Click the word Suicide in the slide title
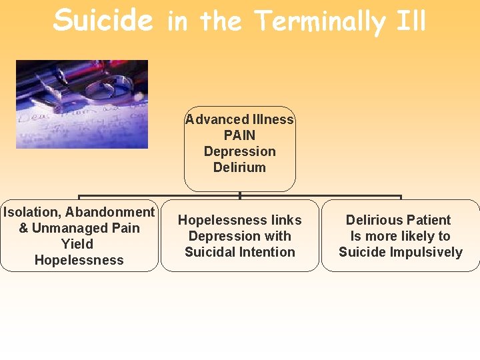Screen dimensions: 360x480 pyautogui.click(x=103, y=20)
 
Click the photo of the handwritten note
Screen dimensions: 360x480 pyautogui.click(x=82, y=104)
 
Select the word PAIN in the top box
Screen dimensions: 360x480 pyautogui.click(x=239, y=135)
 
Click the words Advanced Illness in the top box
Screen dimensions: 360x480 pyautogui.click(x=239, y=119)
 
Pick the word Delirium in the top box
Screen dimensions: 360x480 pyautogui.click(x=239, y=167)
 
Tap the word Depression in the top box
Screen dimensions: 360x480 pyautogui.click(x=239, y=151)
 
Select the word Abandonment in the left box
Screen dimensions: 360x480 pyautogui.click(x=110, y=212)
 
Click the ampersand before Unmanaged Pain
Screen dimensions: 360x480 pyautogui.click(x=23, y=228)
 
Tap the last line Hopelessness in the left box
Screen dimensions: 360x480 pyautogui.click(x=79, y=260)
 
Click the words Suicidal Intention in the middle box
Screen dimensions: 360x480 pyautogui.click(x=239, y=252)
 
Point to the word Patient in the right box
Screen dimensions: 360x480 pyautogui.click(x=427, y=220)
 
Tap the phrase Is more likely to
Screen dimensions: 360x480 pyautogui.click(x=400, y=236)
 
